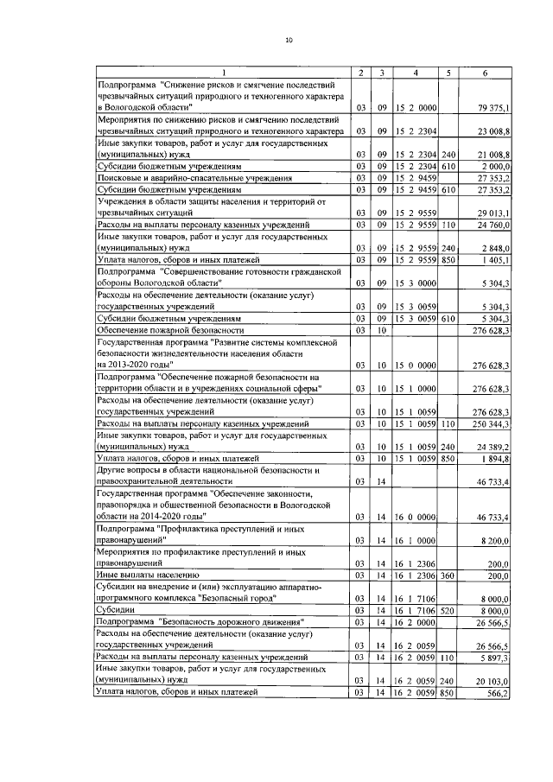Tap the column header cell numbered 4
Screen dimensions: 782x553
(416, 72)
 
